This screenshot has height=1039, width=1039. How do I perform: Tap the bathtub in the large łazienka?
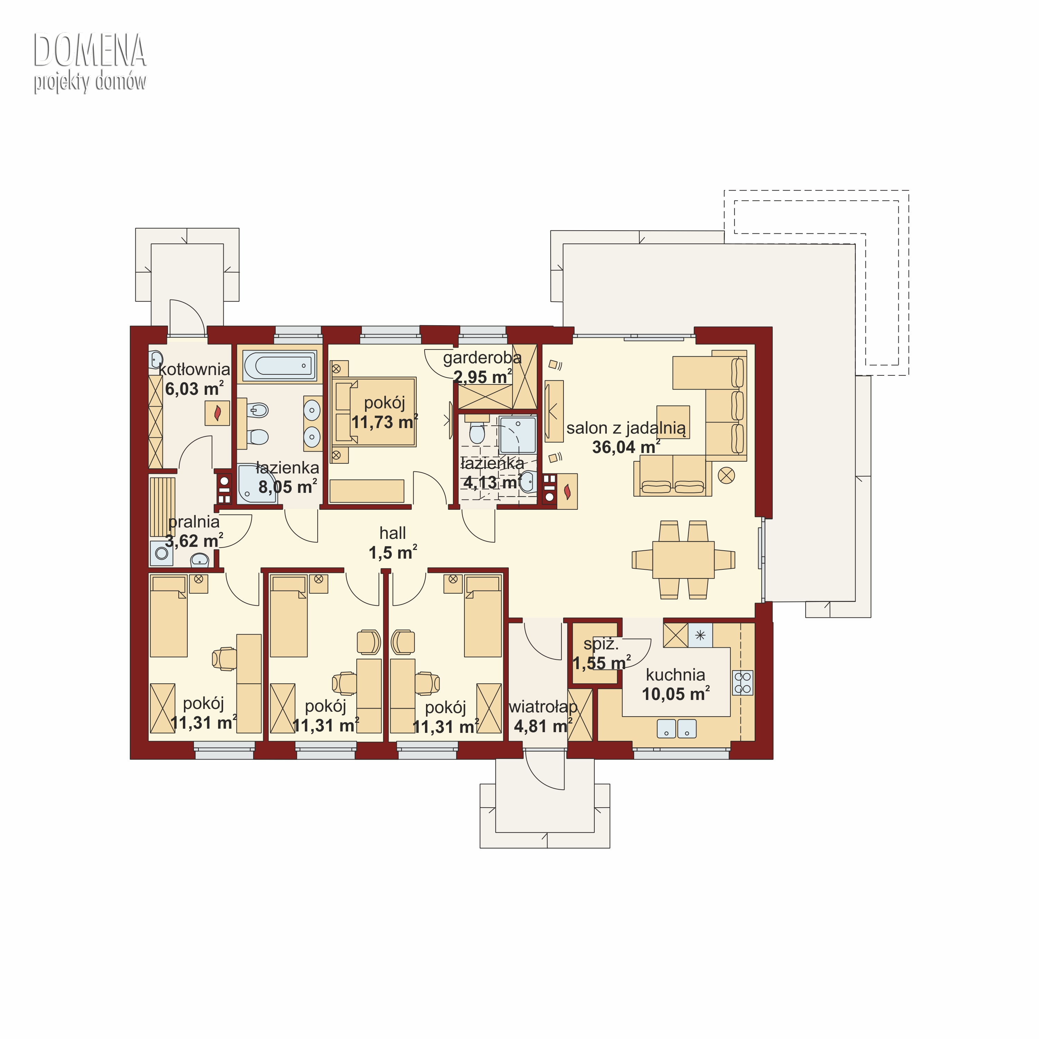[x=279, y=366]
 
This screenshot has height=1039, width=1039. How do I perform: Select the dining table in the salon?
[x=683, y=560]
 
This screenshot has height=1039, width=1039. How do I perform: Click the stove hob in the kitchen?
[x=743, y=682]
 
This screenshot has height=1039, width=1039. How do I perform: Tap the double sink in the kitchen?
[x=676, y=729]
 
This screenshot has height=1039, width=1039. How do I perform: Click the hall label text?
[x=393, y=533]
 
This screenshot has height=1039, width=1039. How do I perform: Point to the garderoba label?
[x=482, y=358]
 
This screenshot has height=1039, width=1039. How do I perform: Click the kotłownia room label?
[x=194, y=370]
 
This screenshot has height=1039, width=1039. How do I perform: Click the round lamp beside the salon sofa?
[x=727, y=476]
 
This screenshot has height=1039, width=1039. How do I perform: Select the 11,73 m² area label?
[x=384, y=422]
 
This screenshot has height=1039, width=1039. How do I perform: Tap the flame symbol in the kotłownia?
[x=217, y=413]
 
